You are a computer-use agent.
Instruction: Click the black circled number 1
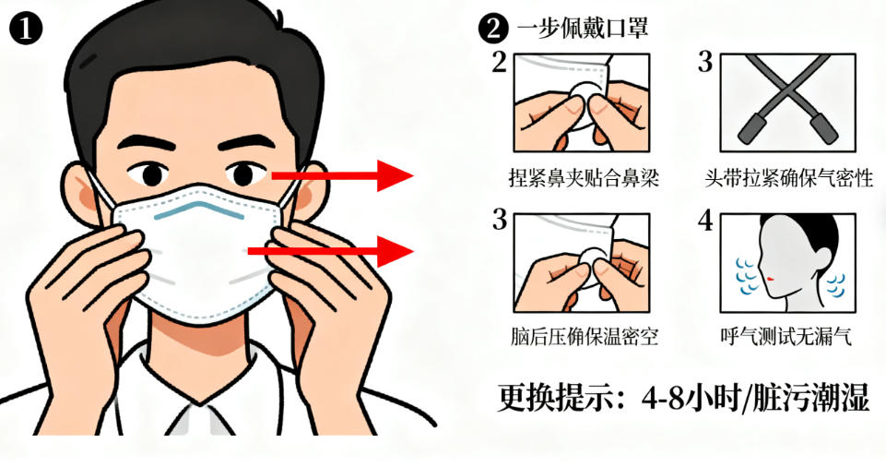pyautogui.click(x=26, y=29)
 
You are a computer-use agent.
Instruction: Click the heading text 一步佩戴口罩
pyautogui.click(x=582, y=28)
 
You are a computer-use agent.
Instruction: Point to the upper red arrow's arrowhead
pyautogui.click(x=396, y=176)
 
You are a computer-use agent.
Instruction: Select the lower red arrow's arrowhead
pyautogui.click(x=396, y=251)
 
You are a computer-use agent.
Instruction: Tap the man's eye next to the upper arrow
pyautogui.click(x=243, y=174)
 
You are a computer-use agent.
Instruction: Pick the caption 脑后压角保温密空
pyautogui.click(x=584, y=336)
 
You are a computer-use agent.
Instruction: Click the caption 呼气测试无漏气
pyautogui.click(x=786, y=336)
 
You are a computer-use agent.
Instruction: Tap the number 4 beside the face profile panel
pyautogui.click(x=705, y=221)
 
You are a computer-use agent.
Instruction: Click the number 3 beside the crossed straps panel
pyautogui.click(x=705, y=62)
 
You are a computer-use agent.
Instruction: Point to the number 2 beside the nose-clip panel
pyautogui.click(x=499, y=62)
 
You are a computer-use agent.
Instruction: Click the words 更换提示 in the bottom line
pyautogui.click(x=554, y=398)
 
